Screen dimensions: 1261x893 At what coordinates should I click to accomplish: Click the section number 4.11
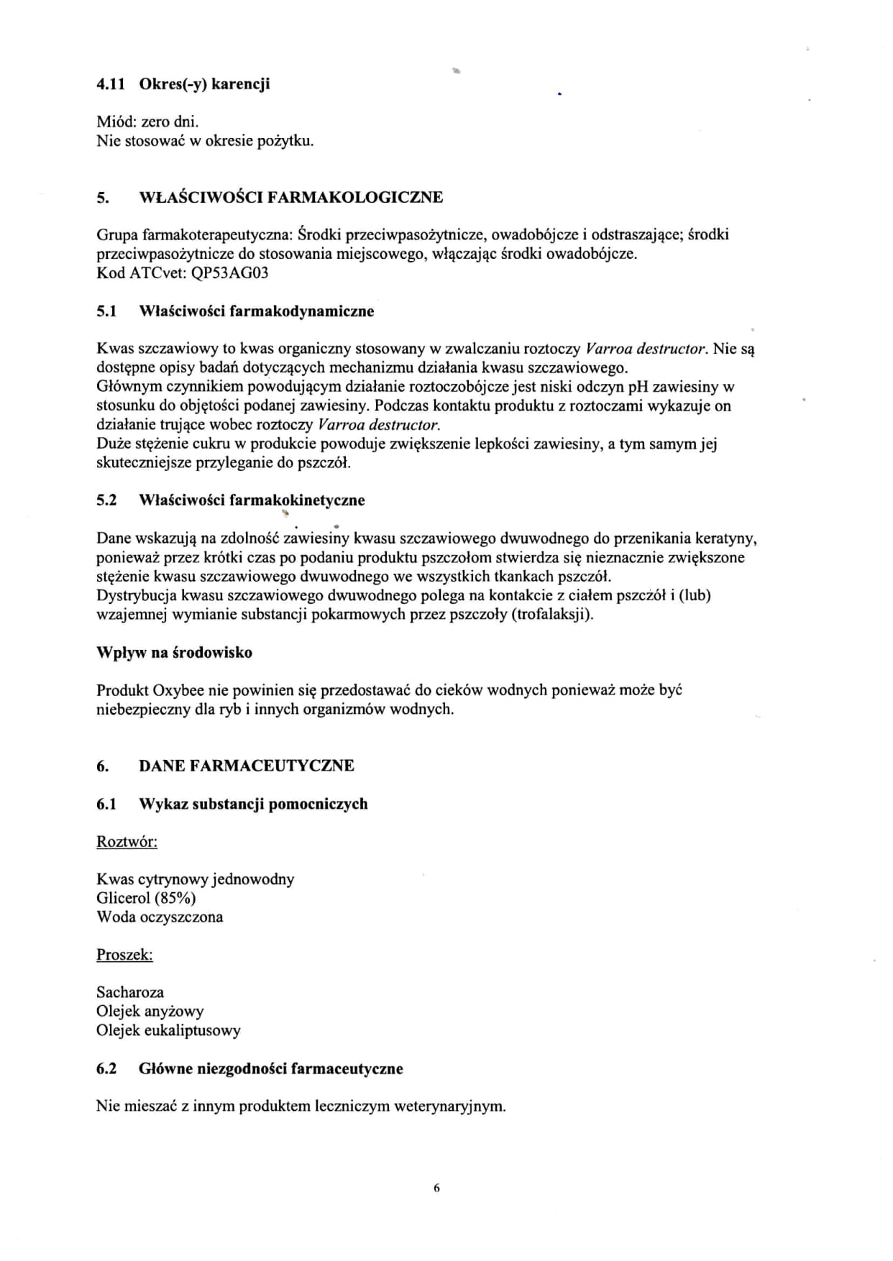(x=111, y=84)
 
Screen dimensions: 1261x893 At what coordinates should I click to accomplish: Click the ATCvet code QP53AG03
(x=228, y=273)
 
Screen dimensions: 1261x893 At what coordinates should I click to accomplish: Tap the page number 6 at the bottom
(x=436, y=1188)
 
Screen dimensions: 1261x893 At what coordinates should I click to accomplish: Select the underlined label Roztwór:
(x=127, y=842)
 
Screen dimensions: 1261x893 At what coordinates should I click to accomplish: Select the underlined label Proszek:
(x=125, y=955)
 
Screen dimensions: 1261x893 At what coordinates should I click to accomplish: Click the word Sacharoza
(x=130, y=993)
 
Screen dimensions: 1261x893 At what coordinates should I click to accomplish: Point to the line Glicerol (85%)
(x=146, y=898)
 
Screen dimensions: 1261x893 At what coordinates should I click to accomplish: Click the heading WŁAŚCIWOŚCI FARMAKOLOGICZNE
(x=290, y=197)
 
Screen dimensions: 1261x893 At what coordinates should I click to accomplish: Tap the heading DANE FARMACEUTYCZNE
(x=246, y=766)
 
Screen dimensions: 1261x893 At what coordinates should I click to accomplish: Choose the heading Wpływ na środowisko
(x=174, y=653)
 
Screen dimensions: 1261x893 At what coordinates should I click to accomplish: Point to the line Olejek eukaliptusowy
(x=168, y=1030)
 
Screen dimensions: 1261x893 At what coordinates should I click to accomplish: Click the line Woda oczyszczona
(x=160, y=917)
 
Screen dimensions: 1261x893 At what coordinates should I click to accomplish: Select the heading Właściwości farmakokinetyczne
(x=252, y=500)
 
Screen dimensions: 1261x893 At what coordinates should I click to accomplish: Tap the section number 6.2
(x=106, y=1069)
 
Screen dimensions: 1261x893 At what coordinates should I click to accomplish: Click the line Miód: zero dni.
(x=147, y=122)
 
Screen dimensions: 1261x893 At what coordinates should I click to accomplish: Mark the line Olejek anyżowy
(x=150, y=1012)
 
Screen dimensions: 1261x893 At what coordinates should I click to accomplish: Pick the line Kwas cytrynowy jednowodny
(x=195, y=879)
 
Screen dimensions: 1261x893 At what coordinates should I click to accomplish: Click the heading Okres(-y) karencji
(x=204, y=84)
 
